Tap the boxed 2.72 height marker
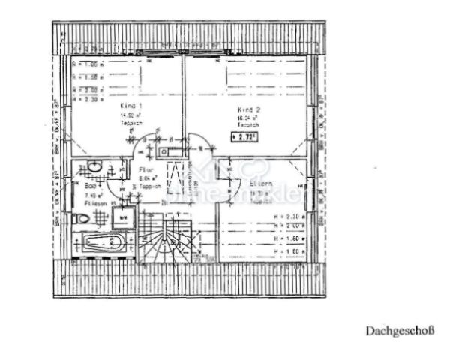click(x=244, y=137)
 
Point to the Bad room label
click(x=90, y=186)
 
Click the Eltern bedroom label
click(x=259, y=183)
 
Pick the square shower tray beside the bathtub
click(x=122, y=218)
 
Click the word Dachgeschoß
click(x=400, y=329)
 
